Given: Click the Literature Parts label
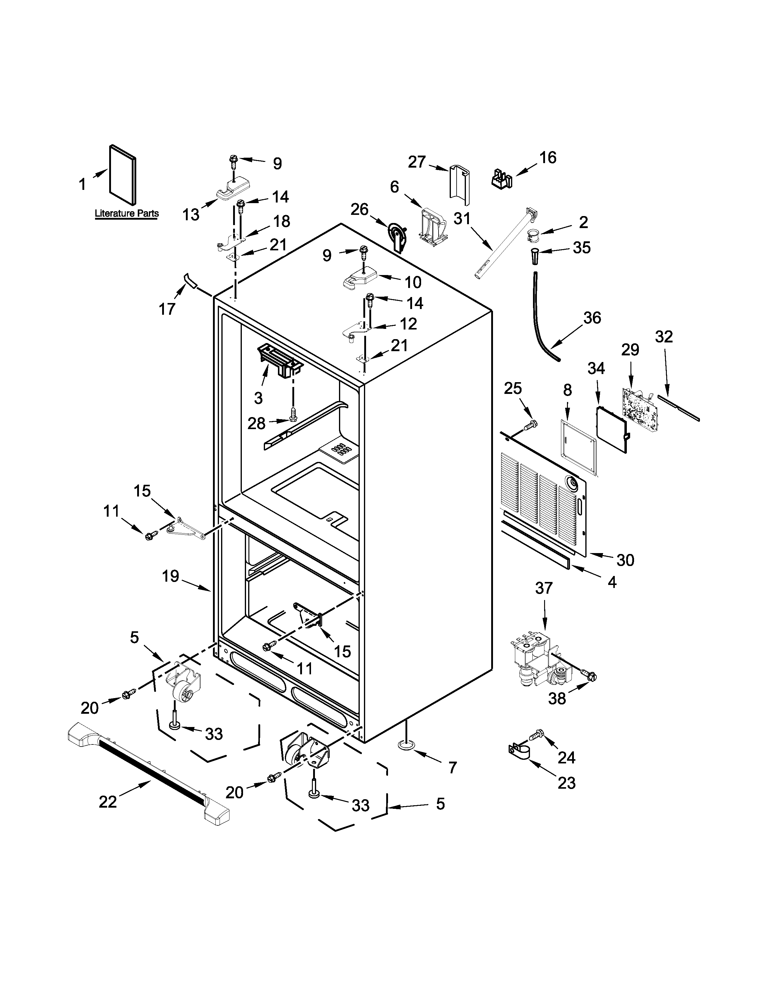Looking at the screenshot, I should tap(126, 213).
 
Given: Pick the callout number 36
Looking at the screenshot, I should tap(592, 318).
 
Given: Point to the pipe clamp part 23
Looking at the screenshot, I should tap(518, 750).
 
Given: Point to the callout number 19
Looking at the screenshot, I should tap(171, 577).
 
